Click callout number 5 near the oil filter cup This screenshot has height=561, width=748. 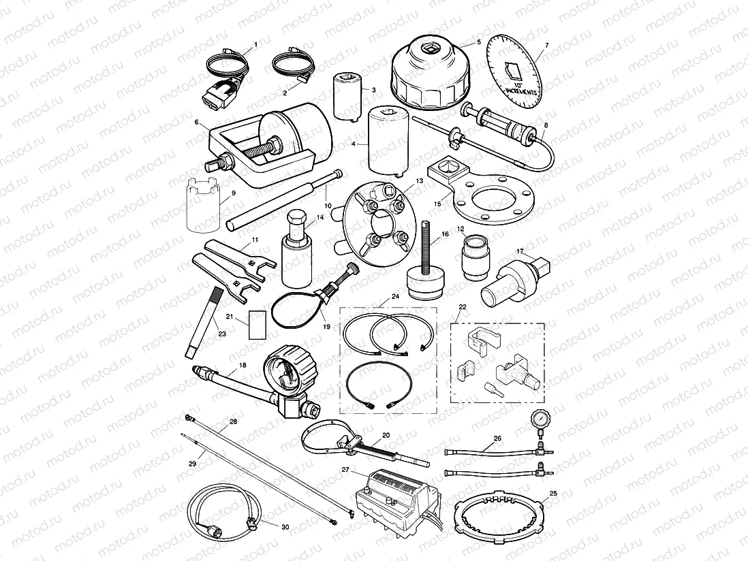pos(478,42)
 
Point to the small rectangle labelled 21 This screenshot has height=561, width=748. pos(258,325)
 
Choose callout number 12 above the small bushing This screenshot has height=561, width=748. pos(461,229)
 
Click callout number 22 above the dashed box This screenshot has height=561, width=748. pos(463,307)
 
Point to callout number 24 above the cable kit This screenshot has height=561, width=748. pos(395,298)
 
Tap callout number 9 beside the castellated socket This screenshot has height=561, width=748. pos(233,193)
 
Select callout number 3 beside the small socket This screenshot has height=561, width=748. pos(373,90)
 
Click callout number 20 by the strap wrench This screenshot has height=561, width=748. pos(386,434)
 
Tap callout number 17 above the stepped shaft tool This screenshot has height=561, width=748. pos(520,251)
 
